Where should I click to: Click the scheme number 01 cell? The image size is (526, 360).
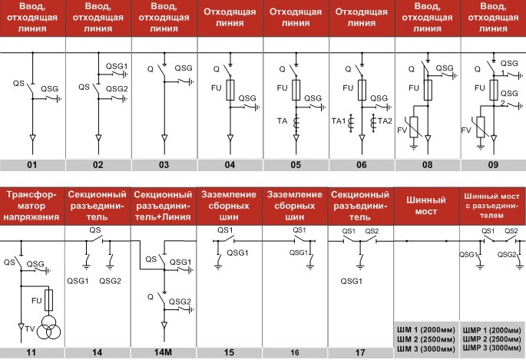point(32,165)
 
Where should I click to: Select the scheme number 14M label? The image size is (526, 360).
point(163,352)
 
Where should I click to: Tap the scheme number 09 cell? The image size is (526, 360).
point(494,165)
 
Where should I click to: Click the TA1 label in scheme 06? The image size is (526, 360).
point(339,121)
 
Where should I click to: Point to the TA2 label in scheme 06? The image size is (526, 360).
point(385,121)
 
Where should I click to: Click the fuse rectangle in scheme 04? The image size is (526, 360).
point(230,90)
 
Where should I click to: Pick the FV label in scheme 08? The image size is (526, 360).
point(402,130)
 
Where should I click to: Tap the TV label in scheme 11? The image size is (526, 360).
point(30,329)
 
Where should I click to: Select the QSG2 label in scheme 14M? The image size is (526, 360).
point(180,302)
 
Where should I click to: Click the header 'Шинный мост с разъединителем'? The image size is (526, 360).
point(491,206)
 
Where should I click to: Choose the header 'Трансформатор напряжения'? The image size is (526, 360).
point(31,206)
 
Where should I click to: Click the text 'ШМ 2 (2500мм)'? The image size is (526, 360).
point(426,339)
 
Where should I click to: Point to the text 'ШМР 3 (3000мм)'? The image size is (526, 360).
point(491,348)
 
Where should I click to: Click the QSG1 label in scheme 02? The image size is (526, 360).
point(117,66)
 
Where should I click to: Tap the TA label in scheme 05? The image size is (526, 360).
point(283,121)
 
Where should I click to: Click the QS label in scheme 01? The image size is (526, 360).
point(18,83)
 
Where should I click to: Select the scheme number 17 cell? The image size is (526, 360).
point(360,352)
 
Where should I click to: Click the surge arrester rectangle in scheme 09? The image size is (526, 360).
point(481,127)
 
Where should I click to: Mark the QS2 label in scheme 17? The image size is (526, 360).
point(372,231)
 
